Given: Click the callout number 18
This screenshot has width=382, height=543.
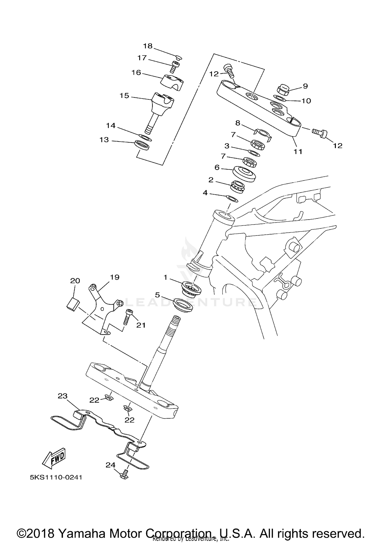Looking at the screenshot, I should tap(147, 46).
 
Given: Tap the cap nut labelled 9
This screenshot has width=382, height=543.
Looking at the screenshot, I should tap(283, 90).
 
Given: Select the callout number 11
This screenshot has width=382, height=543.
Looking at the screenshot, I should tap(298, 152).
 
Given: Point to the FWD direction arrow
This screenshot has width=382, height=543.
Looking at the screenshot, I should tap(54, 459).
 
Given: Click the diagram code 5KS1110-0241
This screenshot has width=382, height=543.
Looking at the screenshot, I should tap(56, 477).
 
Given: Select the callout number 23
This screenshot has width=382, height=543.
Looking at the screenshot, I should tap(62, 396).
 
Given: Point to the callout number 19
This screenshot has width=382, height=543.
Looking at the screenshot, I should tap(114, 277).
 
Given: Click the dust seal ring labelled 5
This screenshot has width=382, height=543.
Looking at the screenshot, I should tap(183, 305).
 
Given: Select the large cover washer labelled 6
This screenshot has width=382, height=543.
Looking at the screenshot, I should tap(244, 173).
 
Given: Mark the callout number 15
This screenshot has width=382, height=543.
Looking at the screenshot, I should tap(124, 96).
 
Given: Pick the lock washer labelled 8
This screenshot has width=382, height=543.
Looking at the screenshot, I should tap(263, 134).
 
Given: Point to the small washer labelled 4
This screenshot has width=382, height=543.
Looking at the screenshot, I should tap(232, 198).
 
